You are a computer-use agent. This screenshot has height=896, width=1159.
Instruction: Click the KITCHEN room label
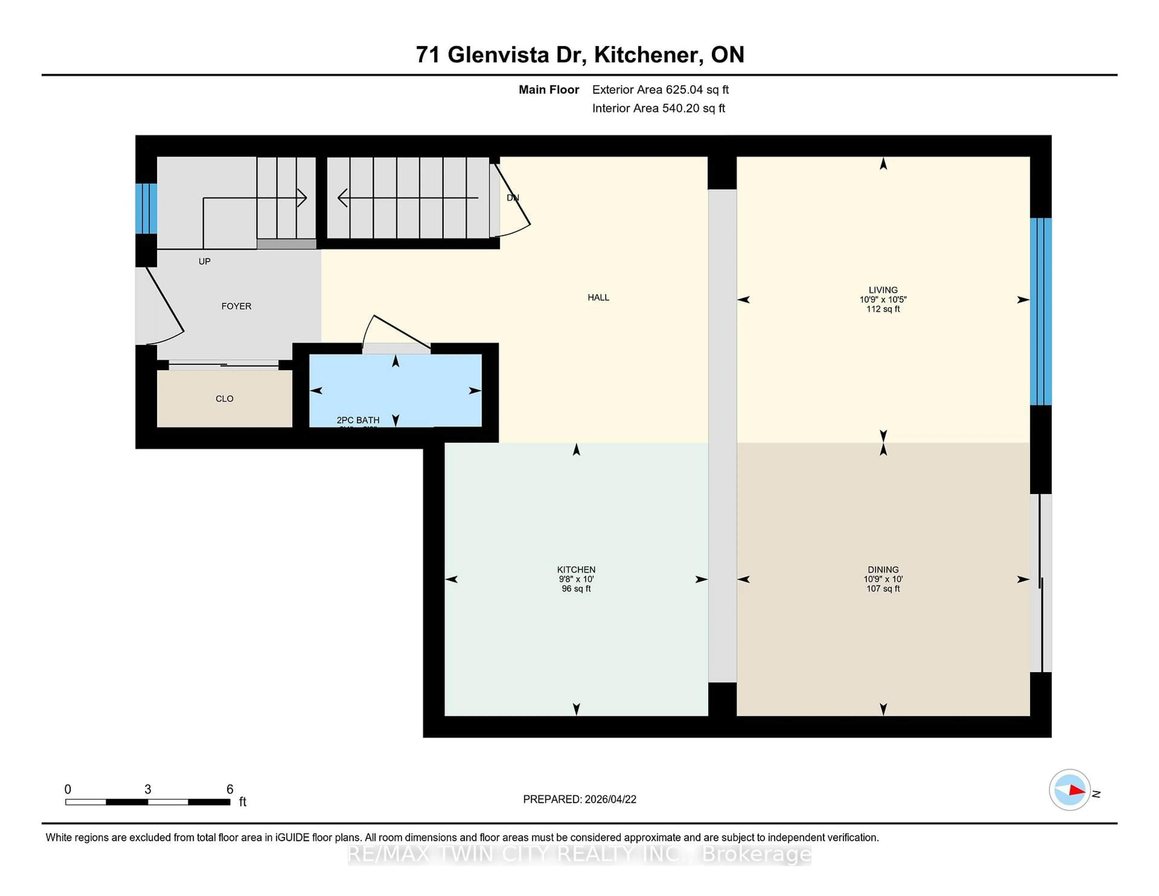coord(576,570)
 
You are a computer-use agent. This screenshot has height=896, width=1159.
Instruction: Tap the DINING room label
coord(883,570)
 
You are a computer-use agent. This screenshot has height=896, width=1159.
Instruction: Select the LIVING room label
coord(883,290)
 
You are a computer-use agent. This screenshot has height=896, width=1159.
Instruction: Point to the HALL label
coord(598,298)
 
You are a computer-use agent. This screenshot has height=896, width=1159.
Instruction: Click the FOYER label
coord(236,306)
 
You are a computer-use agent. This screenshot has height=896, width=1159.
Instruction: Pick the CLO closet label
coord(225,398)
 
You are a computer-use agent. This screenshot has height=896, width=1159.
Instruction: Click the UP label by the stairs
coord(204,261)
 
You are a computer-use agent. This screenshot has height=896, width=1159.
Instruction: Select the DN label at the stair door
coord(512,197)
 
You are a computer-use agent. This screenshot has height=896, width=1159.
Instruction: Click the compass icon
coord(1069,790)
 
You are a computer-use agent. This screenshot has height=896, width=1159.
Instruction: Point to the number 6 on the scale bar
coord(230,789)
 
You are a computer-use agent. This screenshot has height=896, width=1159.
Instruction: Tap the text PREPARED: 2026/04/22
coord(579,799)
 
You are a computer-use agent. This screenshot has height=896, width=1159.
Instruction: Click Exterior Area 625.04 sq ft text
coord(660,90)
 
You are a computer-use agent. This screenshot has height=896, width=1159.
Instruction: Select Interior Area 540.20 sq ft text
coord(658,108)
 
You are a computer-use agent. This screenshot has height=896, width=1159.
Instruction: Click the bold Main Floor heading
coord(549,90)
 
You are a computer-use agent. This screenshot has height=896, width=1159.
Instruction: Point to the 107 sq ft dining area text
coord(883,589)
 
